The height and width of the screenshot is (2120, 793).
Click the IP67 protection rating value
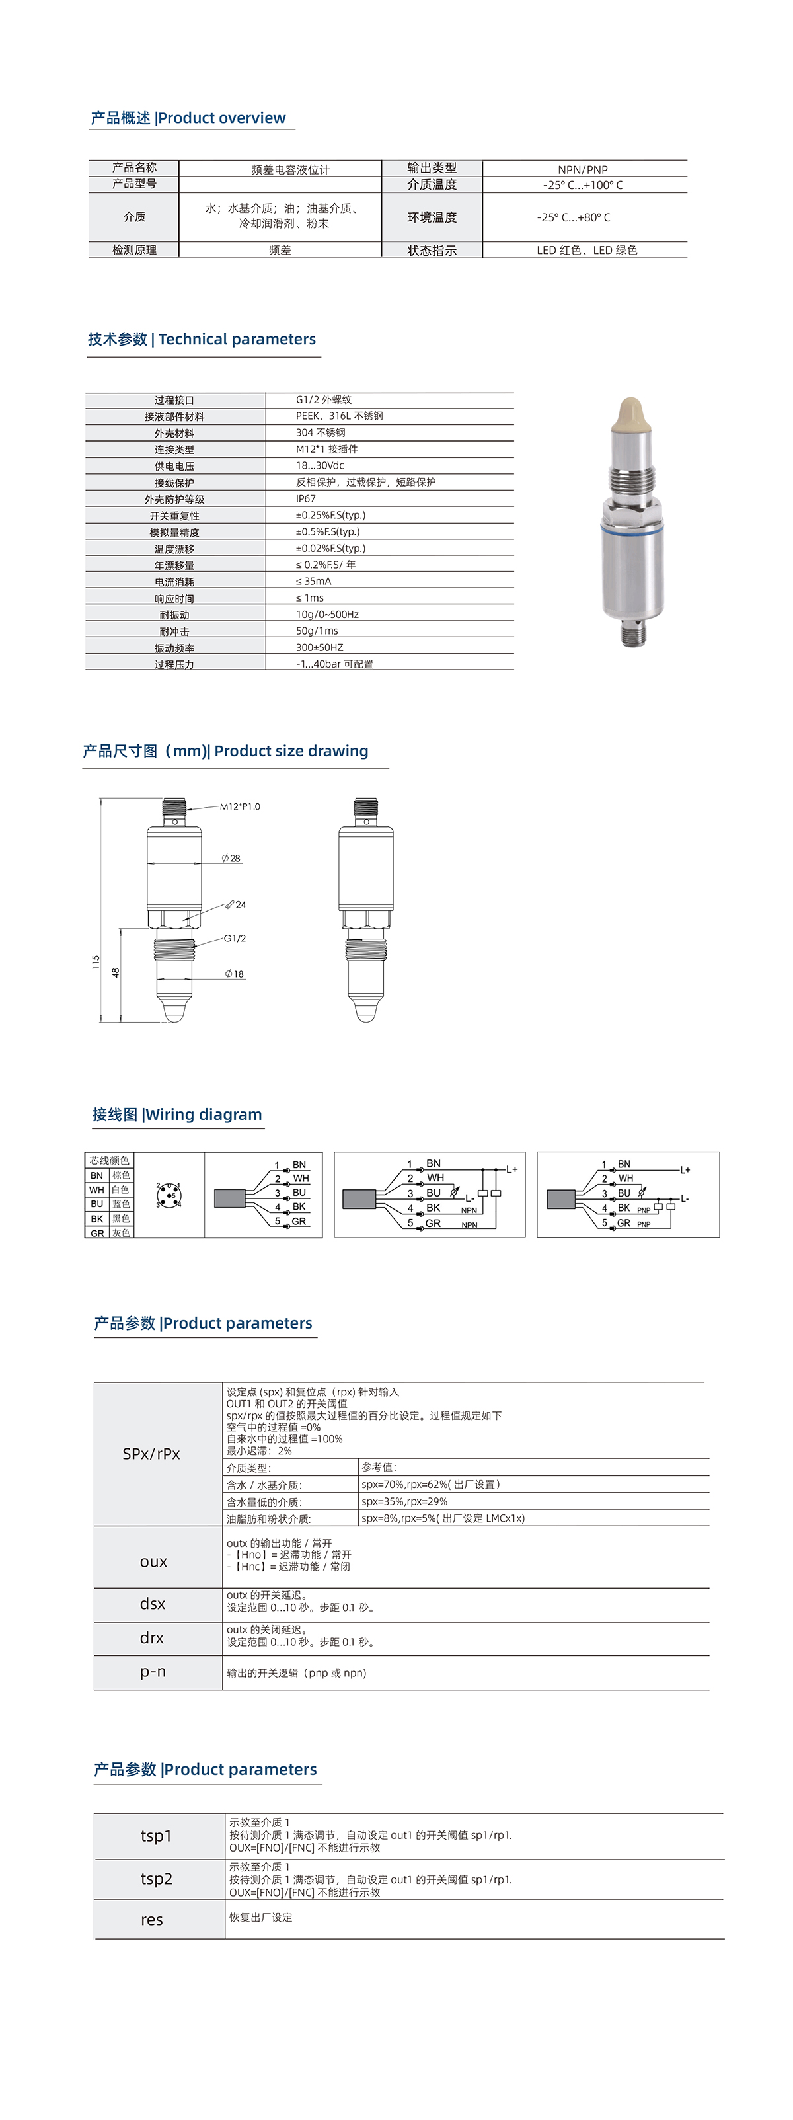coord(306,498)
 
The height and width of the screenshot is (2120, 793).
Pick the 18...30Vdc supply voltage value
coord(320,466)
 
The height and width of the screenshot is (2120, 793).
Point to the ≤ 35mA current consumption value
coord(313,581)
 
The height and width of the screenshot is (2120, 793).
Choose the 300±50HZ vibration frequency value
coord(320,648)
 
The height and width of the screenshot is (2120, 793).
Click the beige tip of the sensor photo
coord(630,413)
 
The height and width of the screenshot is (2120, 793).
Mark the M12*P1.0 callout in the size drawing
coord(240,806)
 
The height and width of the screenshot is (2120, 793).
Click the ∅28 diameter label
coord(231,858)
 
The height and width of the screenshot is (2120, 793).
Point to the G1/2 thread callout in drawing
coord(235,938)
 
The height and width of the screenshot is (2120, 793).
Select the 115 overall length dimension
coord(95,964)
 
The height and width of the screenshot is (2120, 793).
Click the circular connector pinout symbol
coord(169,1194)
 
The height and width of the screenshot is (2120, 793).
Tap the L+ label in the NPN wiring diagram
coord(511,1169)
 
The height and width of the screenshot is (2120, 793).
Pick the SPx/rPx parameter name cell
coord(151,1454)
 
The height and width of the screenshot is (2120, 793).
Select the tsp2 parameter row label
coord(157,1879)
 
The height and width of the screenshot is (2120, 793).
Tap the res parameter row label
coord(152,1920)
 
